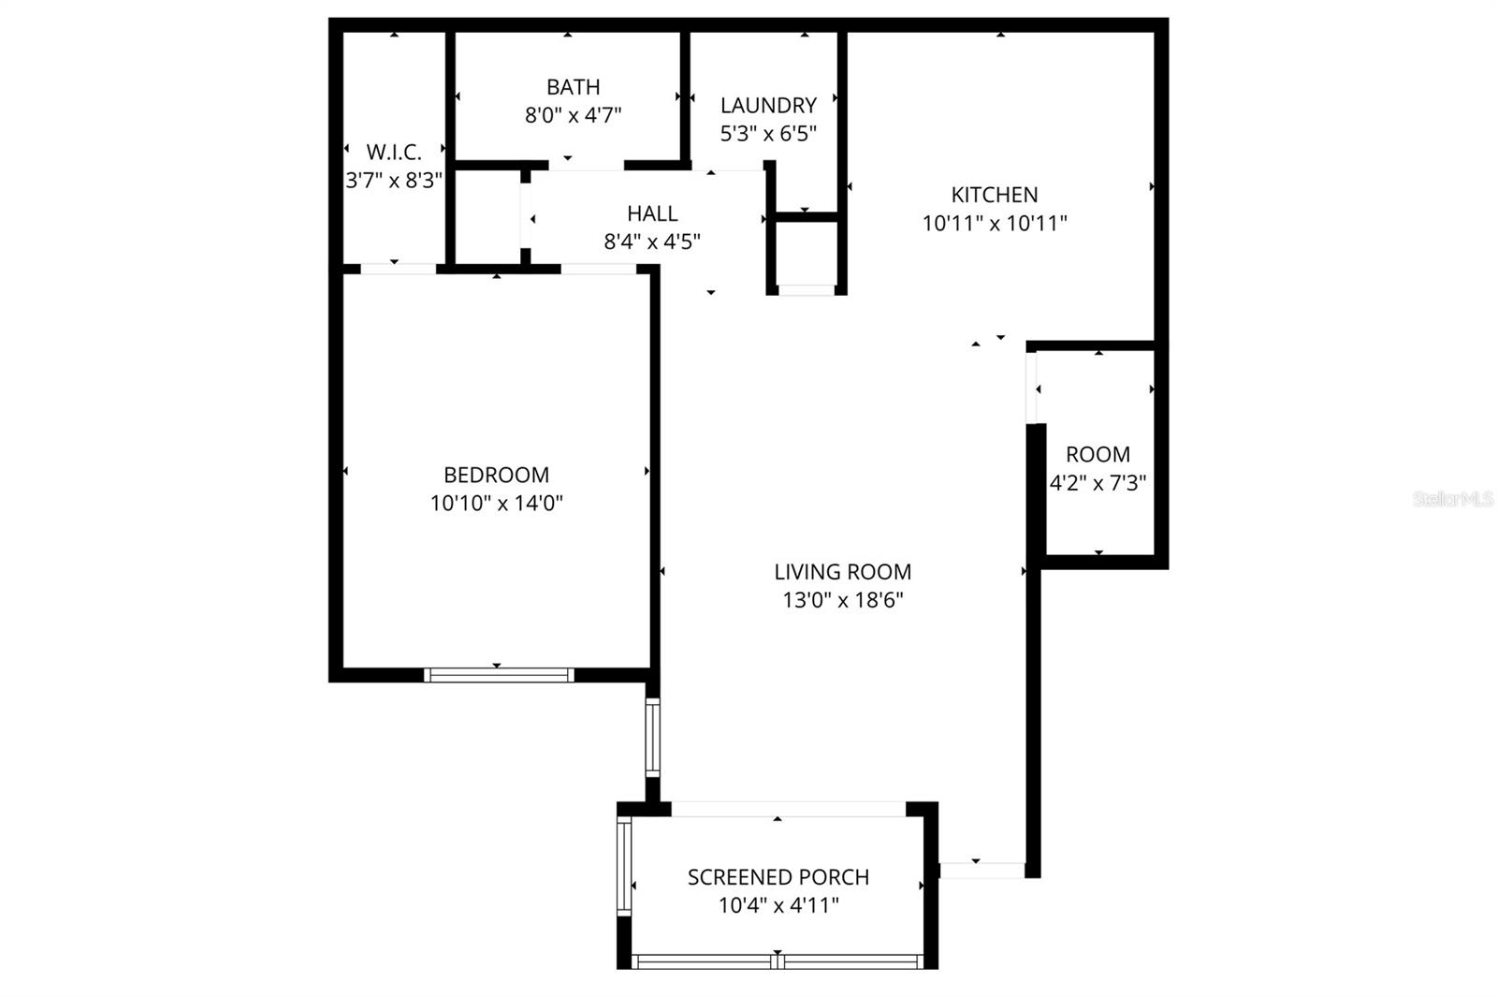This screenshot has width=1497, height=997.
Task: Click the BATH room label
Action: [573, 87]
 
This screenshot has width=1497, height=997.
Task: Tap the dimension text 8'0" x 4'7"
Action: [573, 115]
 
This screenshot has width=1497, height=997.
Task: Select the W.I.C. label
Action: [394, 152]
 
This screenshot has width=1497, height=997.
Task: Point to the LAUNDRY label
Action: [768, 105]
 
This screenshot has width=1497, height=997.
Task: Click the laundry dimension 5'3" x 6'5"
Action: [768, 133]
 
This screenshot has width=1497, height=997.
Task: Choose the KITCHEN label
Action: [995, 195]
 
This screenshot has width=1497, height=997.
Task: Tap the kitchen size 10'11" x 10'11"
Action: [995, 223]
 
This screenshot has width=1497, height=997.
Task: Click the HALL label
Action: [652, 213]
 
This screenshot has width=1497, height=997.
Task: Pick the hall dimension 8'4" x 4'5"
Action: [652, 242]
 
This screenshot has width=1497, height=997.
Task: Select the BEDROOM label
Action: [496, 475]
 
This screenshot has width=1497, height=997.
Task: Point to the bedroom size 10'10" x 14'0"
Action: [496, 503]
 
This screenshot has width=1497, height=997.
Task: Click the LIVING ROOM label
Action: [842, 572]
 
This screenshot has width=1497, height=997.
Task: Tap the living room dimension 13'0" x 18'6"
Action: [842, 600]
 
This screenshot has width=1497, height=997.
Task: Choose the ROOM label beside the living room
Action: [1097, 455]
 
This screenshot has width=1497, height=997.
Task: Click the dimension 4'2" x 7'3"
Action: [1097, 483]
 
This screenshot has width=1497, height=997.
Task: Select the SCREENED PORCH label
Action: [778, 877]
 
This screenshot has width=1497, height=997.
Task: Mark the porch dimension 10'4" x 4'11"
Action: [778, 905]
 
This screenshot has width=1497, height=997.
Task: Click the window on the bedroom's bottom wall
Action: [499, 675]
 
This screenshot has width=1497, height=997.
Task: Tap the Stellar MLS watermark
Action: [1452, 499]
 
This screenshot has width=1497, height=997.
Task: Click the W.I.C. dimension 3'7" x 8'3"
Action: [394, 180]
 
